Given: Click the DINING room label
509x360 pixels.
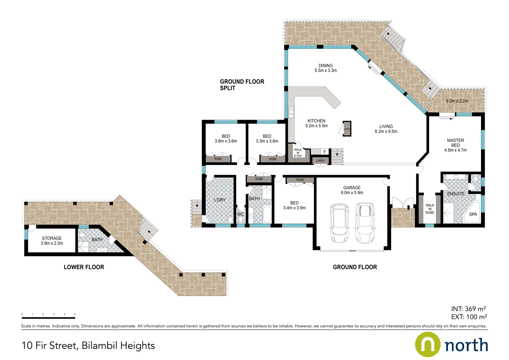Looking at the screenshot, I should tap(325, 66).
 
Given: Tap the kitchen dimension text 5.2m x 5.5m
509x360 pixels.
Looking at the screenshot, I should tap(316, 126).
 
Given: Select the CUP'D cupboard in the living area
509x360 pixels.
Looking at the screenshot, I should tap(347, 129).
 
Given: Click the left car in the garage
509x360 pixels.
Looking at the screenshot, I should tap(339, 223).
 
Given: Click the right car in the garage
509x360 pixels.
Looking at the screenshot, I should tap(365, 223).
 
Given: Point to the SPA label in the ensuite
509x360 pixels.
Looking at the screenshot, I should tap(473, 214).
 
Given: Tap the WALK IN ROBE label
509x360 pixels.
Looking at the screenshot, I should tap(430, 209).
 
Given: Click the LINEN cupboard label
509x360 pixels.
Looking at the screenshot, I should tap(320, 161).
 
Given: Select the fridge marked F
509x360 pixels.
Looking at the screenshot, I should tap(325, 152).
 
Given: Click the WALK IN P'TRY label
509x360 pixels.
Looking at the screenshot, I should tap(298, 153).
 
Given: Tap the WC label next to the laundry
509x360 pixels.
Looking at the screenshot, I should tap(240, 214).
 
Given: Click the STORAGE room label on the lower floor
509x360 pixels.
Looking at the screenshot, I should tap(52, 238).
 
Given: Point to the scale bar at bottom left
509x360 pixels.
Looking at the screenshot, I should tap(48, 318).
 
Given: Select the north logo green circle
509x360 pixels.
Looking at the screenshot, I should tap(427, 344).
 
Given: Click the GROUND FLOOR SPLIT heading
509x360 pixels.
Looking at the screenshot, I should tap(242, 85).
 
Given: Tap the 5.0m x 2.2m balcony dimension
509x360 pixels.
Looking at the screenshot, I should tap(457, 101).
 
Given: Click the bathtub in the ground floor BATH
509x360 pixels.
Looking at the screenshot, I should tap(267, 214).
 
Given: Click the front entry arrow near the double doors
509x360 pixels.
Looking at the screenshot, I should tap(408, 207).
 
